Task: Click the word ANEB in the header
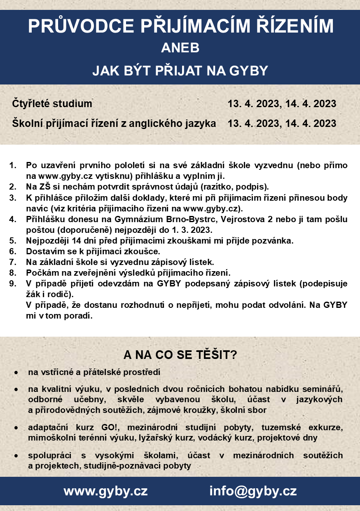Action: coord(180,48)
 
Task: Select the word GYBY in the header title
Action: coord(245,70)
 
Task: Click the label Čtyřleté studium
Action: coord(52,103)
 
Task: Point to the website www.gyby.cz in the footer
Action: coord(105,491)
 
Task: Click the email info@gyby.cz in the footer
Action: coord(253,491)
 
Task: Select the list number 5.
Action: coord(13,240)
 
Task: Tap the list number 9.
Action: coord(13,284)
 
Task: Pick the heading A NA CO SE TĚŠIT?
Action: coord(180,355)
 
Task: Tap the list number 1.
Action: coord(13,165)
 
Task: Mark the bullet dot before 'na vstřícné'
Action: coord(16,373)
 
